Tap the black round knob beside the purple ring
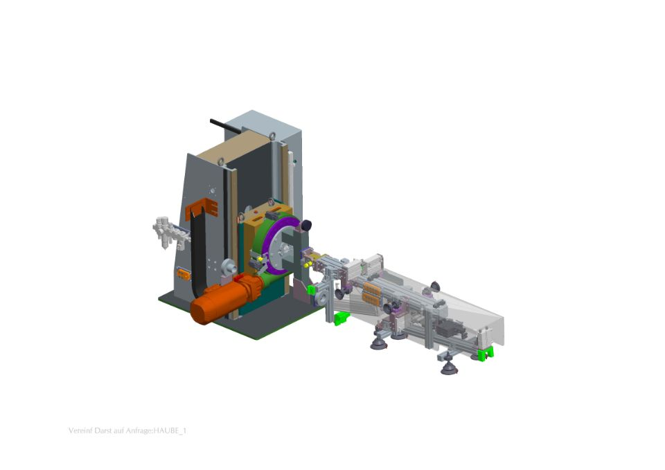305,226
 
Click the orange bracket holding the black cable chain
202,207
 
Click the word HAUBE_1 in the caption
170,431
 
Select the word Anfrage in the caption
139,431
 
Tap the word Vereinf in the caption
78,431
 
